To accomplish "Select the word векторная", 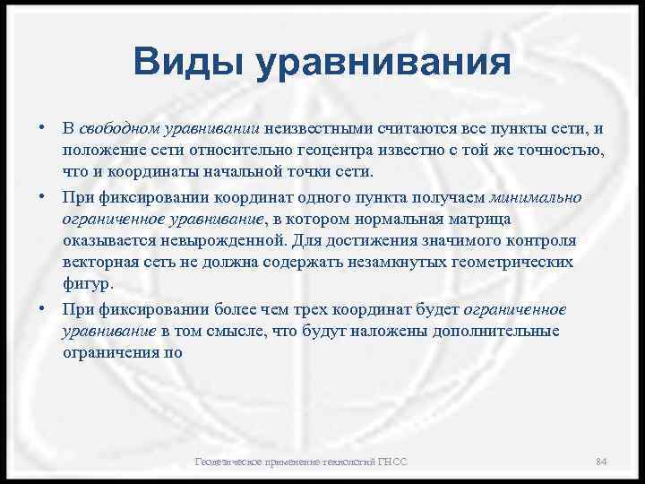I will [x=99, y=264].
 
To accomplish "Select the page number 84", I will [x=601, y=462].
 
